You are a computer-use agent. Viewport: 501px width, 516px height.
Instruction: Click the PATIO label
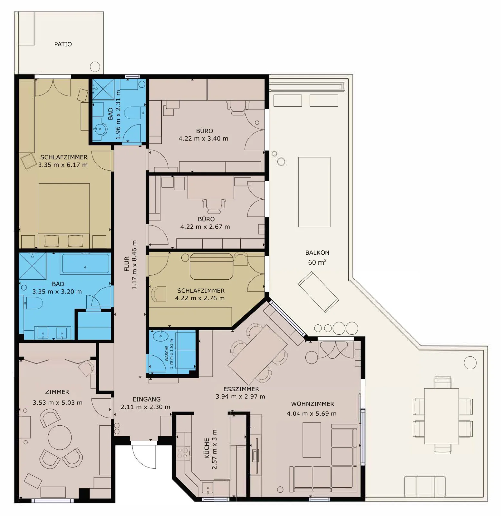pos(63,44)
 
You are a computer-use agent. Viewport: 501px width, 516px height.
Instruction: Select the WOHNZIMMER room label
pos(313,404)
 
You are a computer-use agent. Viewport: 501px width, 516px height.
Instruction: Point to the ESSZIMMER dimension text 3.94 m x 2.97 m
pos(240,397)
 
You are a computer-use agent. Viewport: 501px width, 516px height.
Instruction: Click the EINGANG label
pos(147,399)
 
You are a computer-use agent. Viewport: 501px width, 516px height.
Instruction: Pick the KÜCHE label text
pos(207,448)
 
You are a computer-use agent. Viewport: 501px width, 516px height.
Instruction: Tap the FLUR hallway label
pos(127,264)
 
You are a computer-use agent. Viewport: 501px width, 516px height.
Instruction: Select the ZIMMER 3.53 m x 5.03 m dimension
pos(57,403)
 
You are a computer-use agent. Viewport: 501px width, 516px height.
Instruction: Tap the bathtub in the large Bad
pos(85,264)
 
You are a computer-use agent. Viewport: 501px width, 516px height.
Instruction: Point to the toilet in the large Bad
pos(33,303)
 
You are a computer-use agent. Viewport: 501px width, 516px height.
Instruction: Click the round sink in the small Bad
pos(100,130)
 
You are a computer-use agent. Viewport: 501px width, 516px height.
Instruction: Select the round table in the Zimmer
pos(60,437)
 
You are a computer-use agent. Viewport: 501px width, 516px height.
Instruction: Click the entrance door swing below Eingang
pos(144,456)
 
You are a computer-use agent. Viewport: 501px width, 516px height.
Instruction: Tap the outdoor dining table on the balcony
pos(441,416)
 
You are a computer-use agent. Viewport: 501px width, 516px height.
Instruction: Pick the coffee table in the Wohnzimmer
pos(312,440)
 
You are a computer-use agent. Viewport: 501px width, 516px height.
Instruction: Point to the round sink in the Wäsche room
pos(160,336)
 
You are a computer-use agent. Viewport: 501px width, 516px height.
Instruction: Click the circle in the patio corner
pos(95,67)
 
